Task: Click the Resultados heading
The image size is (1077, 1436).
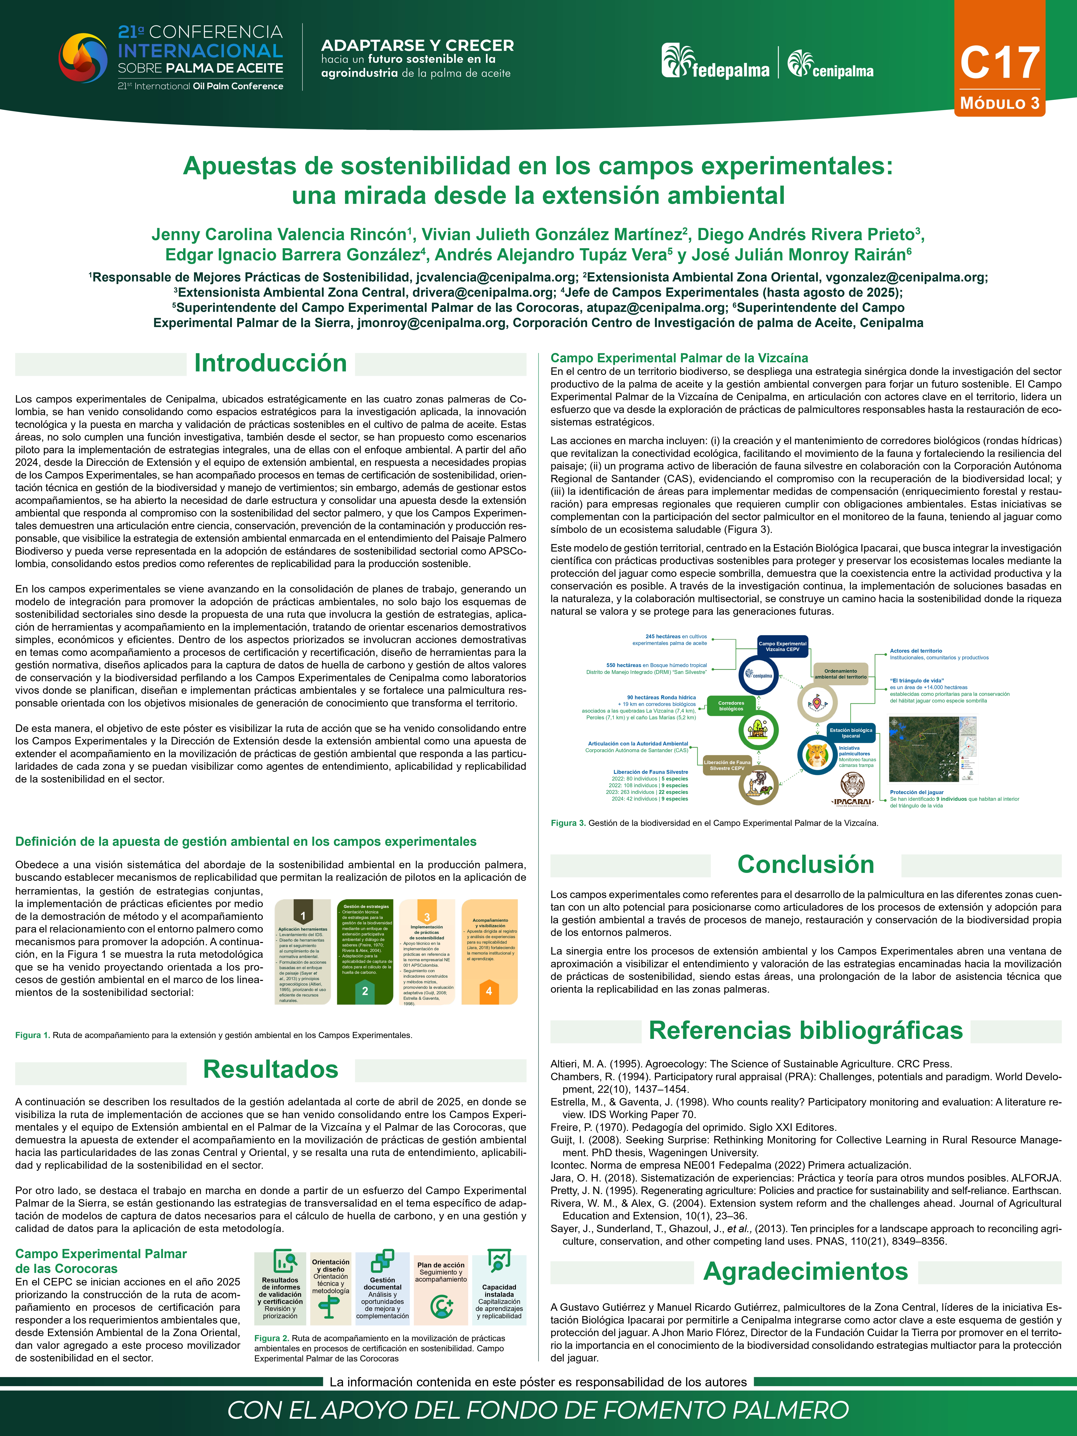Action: click(271, 1069)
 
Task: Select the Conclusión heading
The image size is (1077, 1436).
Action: click(806, 864)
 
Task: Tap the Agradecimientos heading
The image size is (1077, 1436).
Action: click(806, 1271)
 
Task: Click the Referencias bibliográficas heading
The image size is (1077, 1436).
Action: click(806, 1030)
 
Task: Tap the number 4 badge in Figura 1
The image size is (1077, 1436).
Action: click(489, 991)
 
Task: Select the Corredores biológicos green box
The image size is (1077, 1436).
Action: click(731, 706)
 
